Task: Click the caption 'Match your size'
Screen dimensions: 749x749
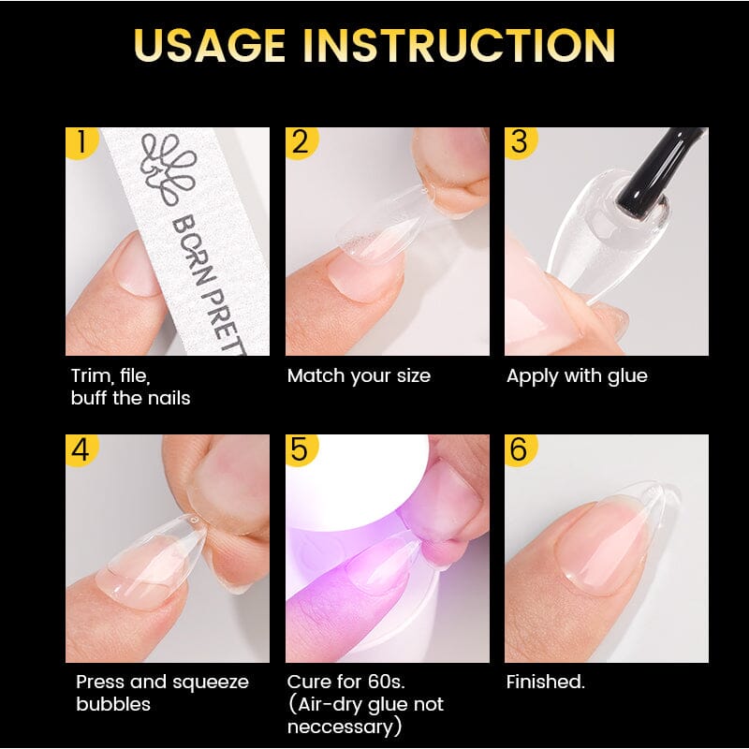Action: click(359, 376)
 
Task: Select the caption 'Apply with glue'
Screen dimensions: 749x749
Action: click(577, 376)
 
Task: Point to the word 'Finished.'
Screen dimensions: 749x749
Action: click(546, 683)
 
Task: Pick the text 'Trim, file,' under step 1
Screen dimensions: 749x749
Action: click(110, 376)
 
